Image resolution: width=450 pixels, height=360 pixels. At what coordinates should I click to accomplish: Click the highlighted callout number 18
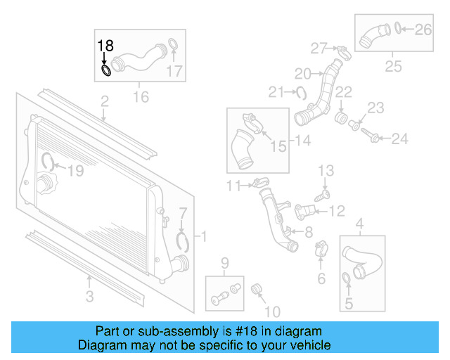(105, 46)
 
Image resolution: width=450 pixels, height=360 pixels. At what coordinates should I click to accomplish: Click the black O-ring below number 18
(106, 70)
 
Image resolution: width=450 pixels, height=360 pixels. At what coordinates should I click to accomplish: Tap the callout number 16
(141, 96)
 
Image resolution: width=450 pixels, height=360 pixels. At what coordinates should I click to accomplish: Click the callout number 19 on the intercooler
(75, 169)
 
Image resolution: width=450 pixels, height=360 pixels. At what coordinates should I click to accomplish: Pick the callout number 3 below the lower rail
(89, 297)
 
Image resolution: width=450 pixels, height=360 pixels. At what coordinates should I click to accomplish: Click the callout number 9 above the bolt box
(225, 264)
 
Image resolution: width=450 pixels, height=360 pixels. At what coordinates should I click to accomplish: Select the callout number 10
(271, 311)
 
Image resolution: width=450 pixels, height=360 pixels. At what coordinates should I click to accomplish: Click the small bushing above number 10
(257, 288)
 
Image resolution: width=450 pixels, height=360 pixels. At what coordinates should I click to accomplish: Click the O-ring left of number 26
(399, 29)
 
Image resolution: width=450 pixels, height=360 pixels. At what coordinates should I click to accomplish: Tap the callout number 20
(302, 73)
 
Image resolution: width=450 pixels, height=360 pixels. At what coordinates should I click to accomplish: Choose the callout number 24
(399, 139)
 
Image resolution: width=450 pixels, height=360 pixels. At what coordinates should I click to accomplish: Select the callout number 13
(326, 171)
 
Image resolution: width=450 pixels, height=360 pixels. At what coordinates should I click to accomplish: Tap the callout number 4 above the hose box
(360, 225)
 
